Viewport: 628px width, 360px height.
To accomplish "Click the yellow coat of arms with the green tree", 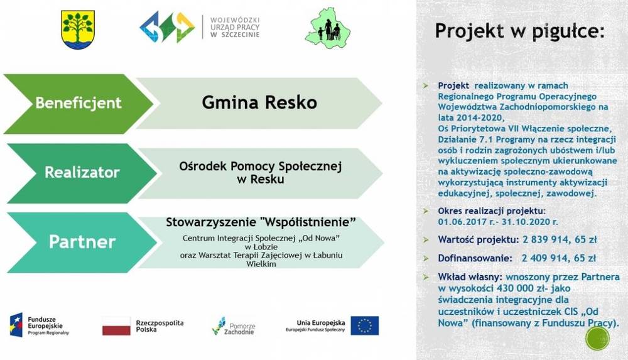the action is [x=78, y=30].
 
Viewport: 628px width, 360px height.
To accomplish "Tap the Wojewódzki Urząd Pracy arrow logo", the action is [x=167, y=27].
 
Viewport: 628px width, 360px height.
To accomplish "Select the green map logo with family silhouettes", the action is [x=328, y=28].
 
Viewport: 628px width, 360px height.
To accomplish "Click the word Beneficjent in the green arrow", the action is [x=78, y=103].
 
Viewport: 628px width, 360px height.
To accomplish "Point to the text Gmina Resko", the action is [x=259, y=102].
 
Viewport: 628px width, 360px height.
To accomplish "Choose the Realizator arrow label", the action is [x=82, y=172].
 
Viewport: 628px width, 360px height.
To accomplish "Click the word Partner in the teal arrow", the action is [x=82, y=242].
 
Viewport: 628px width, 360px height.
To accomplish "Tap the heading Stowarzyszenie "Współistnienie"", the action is [x=261, y=222].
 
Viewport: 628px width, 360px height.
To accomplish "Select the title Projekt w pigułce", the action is [x=520, y=31].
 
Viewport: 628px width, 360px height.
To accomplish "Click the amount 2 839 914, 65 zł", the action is [x=560, y=240].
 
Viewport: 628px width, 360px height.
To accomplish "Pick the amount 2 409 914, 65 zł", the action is [x=559, y=258].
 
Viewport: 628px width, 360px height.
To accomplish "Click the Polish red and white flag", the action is [x=116, y=325].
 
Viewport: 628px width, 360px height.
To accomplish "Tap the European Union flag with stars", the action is [x=364, y=325].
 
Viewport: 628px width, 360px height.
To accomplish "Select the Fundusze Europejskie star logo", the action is [x=16, y=325].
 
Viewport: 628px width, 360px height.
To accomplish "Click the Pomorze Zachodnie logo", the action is [x=234, y=326].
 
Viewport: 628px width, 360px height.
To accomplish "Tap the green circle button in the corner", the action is [x=597, y=339].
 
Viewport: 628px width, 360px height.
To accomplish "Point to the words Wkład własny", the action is [x=470, y=277].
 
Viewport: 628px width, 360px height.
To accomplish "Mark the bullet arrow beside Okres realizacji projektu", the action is [x=426, y=211].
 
